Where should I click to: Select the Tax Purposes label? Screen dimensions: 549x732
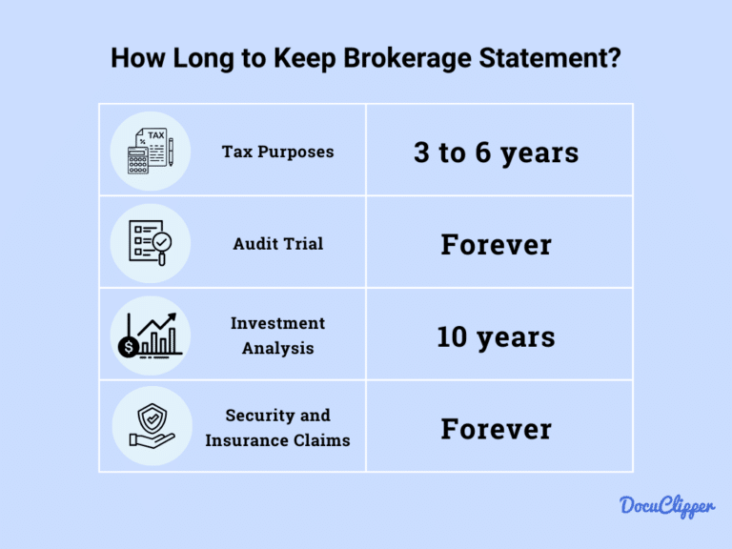pos(277,152)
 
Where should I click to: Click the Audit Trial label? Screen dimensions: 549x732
pos(277,244)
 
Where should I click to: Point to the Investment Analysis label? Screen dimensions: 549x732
pos(277,335)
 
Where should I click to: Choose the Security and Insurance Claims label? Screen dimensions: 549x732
pos(277,428)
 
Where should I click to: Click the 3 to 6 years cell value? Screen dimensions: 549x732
pos(496,152)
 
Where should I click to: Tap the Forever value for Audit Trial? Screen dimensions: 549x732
pos(496,245)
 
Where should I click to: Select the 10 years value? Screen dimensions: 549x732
pos(496,336)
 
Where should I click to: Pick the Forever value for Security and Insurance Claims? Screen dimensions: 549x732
pos(496,429)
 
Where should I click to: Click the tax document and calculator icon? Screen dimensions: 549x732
pos(151,152)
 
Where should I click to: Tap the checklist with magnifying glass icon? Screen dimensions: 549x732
pos(151,243)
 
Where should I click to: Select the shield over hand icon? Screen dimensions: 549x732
pos(151,428)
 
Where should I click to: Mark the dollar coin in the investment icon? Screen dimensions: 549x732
pos(128,347)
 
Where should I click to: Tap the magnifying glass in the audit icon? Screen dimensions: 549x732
pos(163,248)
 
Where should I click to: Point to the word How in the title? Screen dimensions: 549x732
pos(134,58)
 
